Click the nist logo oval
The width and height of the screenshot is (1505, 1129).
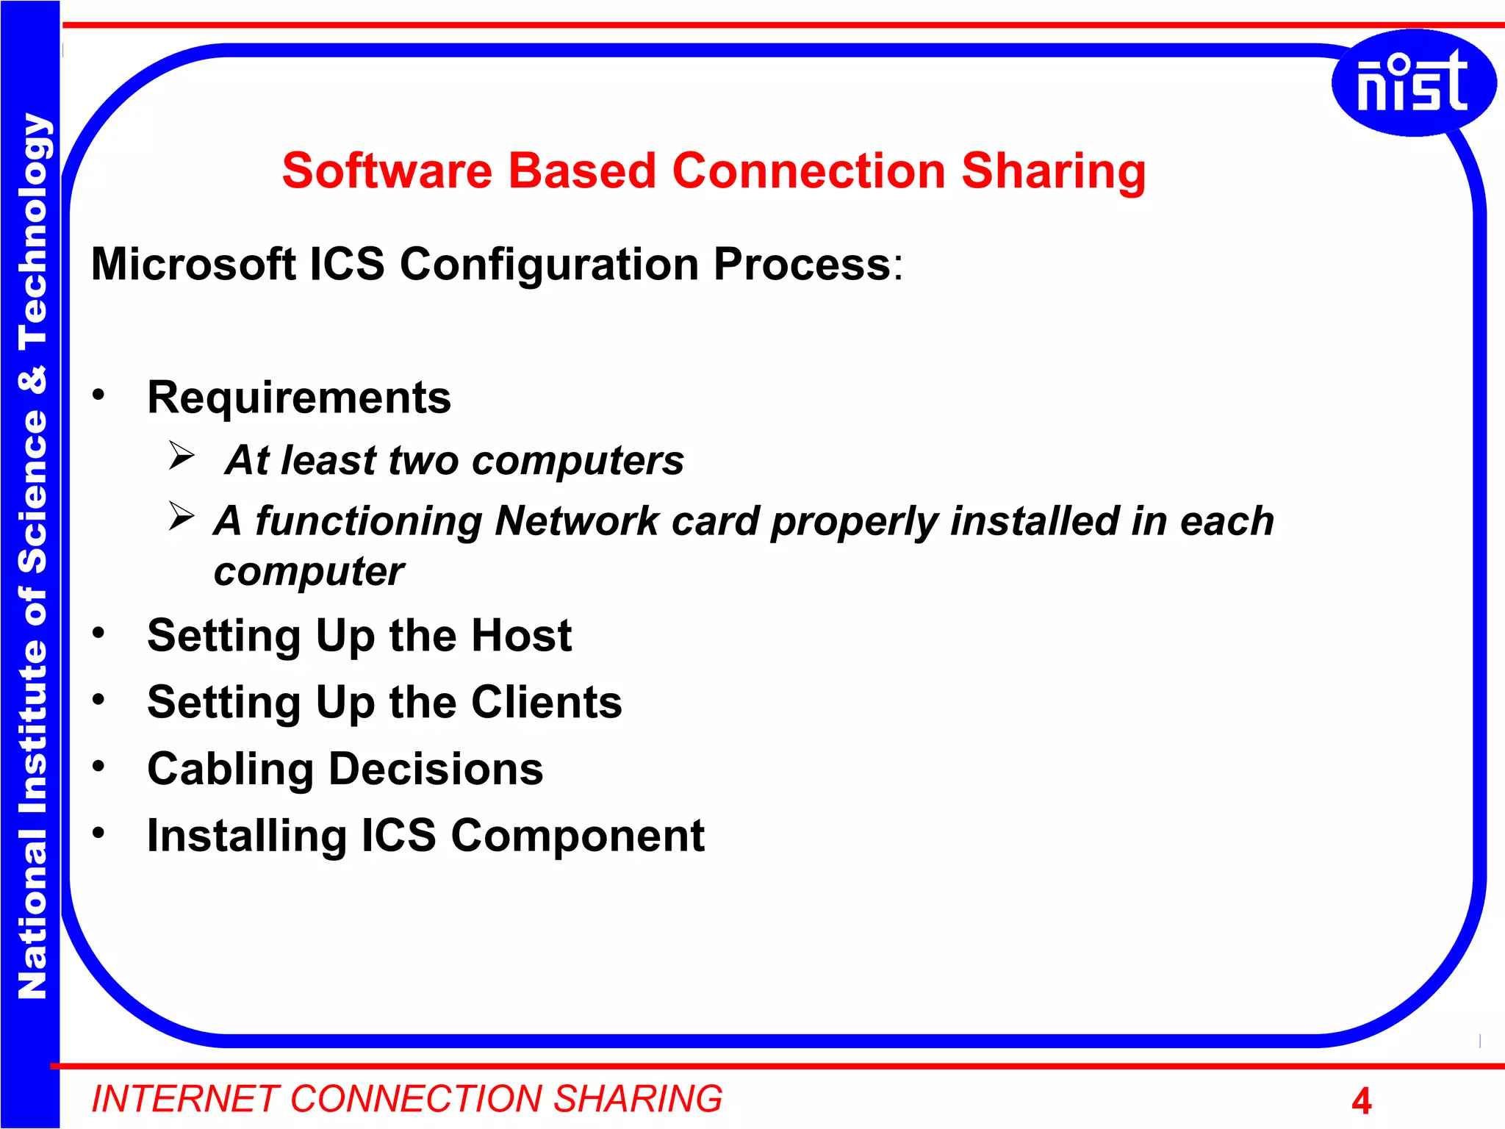(1412, 83)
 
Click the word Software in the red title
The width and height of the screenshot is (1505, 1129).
(387, 171)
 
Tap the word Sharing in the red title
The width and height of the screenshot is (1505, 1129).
(1053, 171)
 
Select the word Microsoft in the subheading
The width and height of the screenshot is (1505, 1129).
(193, 264)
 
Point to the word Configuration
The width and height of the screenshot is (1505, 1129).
(549, 265)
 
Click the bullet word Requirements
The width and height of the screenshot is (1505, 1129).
(298, 398)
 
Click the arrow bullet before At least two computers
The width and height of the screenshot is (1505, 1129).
(181, 456)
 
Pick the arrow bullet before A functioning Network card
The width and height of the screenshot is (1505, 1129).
(181, 516)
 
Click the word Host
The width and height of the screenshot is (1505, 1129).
(521, 635)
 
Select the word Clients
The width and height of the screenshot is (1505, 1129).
(546, 702)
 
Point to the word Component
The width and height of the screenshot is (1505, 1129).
(577, 836)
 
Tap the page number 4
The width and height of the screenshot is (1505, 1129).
(1361, 1101)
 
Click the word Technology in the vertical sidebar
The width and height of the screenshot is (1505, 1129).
(32, 232)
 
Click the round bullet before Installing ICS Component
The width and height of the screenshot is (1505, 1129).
(98, 833)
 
